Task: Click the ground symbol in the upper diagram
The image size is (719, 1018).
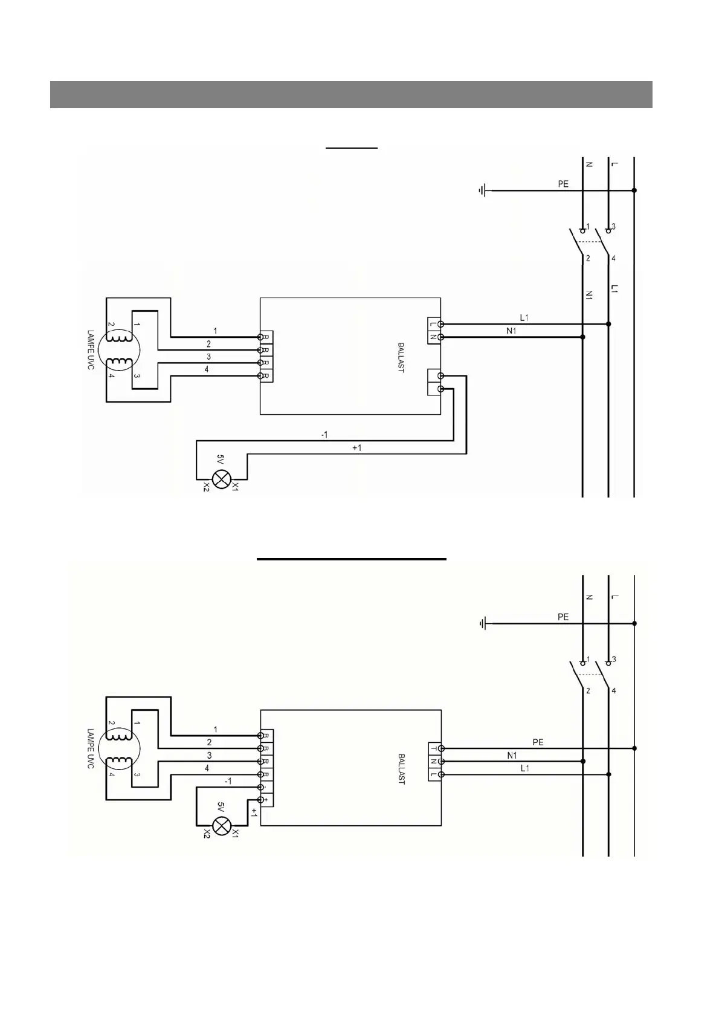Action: tap(482, 191)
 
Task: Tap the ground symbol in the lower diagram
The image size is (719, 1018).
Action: tap(482, 623)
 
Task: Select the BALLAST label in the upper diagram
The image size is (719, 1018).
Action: tap(401, 358)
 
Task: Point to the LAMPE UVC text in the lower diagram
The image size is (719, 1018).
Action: tap(91, 748)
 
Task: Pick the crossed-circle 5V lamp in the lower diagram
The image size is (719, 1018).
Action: tap(222, 826)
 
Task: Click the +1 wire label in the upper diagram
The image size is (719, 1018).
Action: tap(356, 448)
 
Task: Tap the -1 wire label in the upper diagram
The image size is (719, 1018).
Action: tap(324, 435)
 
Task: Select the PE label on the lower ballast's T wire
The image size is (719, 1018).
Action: tap(538, 742)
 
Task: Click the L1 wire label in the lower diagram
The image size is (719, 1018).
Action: tap(524, 768)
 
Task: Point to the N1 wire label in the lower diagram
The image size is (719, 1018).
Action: tap(512, 755)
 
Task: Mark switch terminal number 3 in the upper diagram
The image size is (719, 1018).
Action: tap(614, 227)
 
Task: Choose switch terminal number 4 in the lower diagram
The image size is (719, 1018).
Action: tap(614, 690)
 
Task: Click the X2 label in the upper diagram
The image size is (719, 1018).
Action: tap(206, 486)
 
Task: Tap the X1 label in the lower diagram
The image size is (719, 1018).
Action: tap(236, 833)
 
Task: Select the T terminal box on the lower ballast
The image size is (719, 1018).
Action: tap(433, 748)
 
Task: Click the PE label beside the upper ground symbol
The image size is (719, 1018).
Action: tap(563, 184)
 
